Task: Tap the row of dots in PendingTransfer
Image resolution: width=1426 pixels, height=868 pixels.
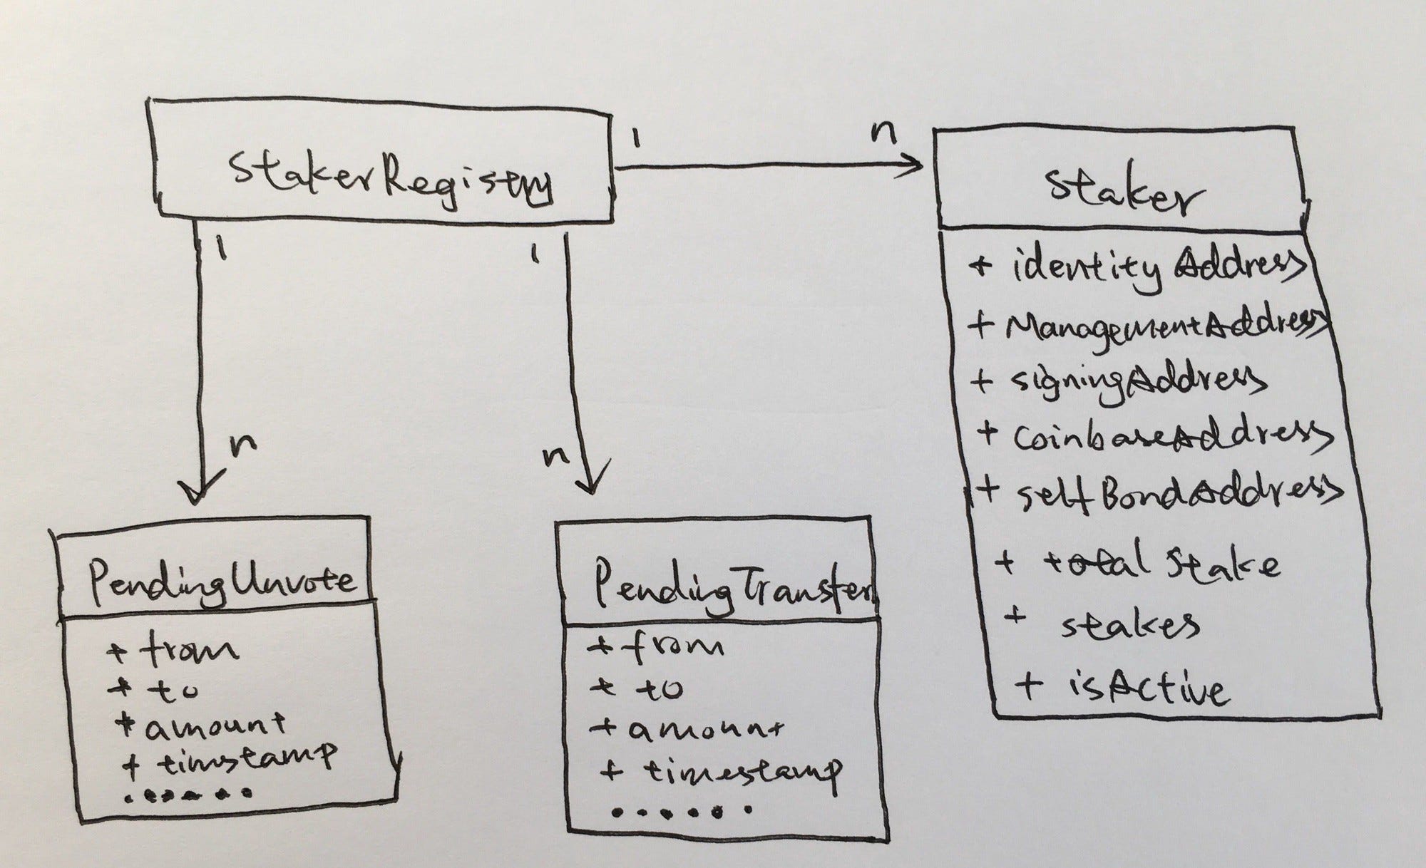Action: coord(681,811)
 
